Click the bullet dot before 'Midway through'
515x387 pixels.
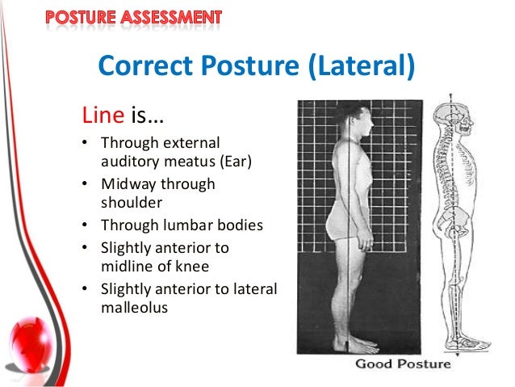click(85, 184)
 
